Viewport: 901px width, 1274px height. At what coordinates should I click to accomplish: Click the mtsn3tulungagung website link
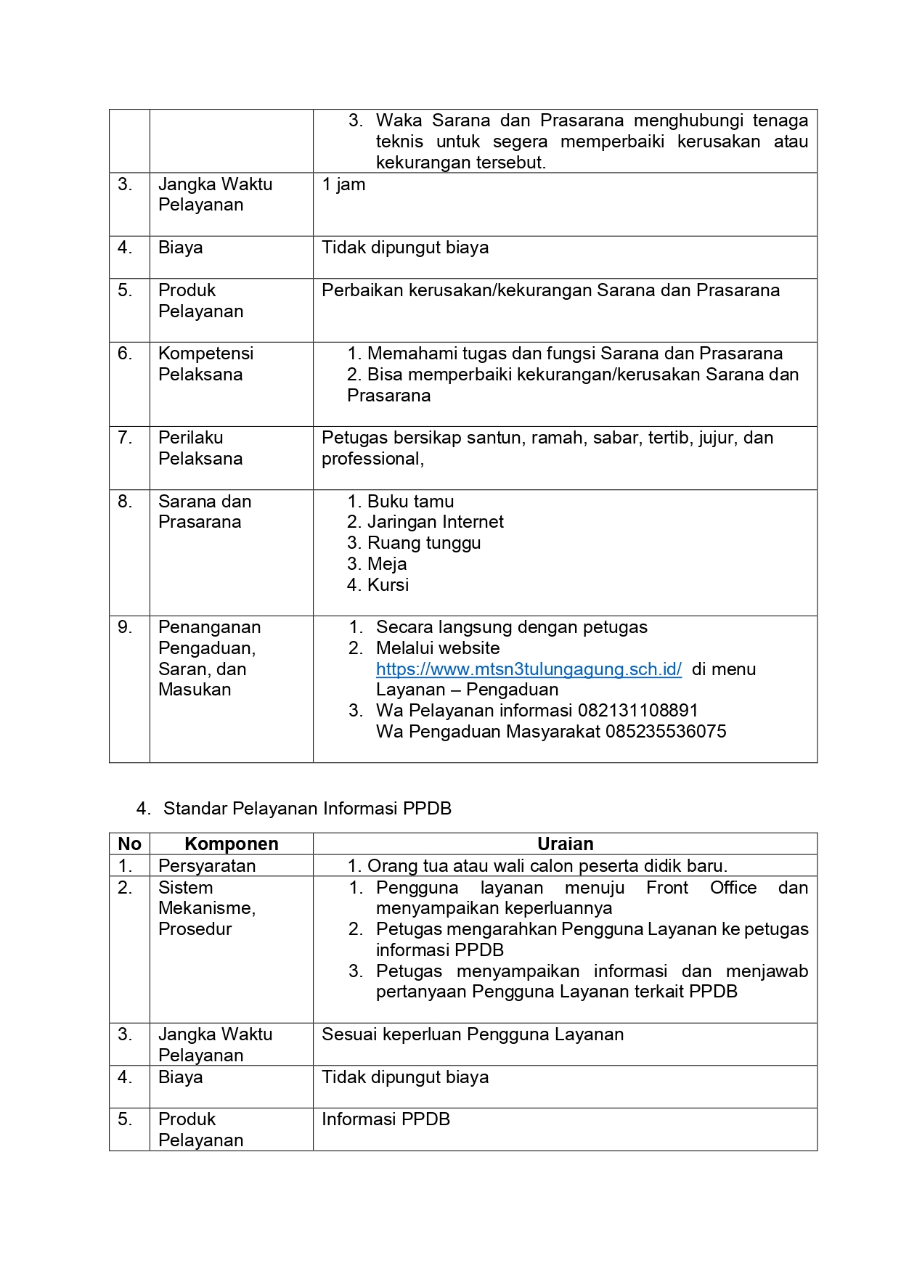[x=529, y=669]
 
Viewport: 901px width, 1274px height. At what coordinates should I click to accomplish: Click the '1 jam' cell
[x=343, y=184]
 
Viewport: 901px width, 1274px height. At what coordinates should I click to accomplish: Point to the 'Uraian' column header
[x=565, y=844]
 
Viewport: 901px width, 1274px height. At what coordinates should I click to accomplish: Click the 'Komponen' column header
[x=231, y=844]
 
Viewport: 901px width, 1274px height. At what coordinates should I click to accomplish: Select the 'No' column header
[x=129, y=844]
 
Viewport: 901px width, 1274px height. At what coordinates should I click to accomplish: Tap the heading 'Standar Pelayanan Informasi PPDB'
[x=307, y=809]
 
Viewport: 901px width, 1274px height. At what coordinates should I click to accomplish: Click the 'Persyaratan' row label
[x=207, y=866]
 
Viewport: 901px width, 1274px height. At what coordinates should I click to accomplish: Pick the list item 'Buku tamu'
[x=410, y=502]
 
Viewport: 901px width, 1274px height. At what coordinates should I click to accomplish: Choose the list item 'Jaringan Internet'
[x=435, y=522]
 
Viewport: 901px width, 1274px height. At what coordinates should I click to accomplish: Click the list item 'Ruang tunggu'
[x=424, y=543]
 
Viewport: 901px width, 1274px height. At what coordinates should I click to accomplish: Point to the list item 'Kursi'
[x=388, y=585]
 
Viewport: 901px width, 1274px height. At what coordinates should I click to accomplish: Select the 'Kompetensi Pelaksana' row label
[x=205, y=364]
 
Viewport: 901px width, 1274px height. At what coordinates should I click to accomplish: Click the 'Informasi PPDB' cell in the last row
[x=386, y=1119]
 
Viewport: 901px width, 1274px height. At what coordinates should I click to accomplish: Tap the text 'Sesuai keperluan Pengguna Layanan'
[x=473, y=1034]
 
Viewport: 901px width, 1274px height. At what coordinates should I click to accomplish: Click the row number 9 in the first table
[x=125, y=627]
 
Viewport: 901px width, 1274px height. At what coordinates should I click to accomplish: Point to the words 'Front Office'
[x=701, y=888]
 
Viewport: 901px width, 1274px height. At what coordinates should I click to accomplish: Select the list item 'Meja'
[x=387, y=564]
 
